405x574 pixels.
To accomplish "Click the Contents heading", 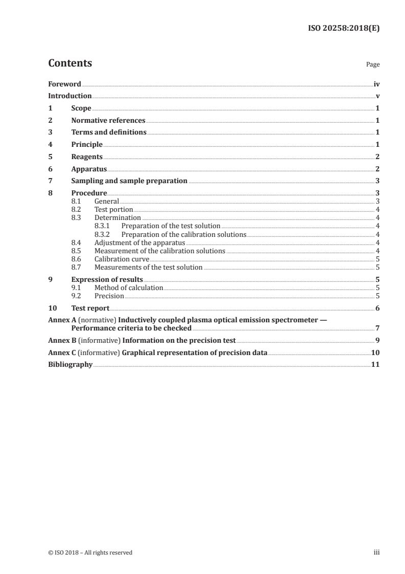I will point(70,63).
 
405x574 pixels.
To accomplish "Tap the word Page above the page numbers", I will point(372,65).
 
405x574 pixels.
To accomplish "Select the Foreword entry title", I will point(64,84).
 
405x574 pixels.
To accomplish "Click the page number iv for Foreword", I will point(376,84).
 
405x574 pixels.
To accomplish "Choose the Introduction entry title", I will point(70,96).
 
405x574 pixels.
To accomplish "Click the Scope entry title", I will point(81,108).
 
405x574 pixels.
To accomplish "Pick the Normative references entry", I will point(108,121).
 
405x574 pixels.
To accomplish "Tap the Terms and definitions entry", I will point(109,133).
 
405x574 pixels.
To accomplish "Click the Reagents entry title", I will point(87,157).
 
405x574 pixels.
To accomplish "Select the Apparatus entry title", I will point(89,169).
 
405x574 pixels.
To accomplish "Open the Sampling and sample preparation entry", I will point(129,181).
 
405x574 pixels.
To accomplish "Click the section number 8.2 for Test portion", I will point(76,210).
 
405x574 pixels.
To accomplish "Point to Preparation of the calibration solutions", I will point(184,235).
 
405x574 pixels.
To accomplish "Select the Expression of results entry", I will point(107,280).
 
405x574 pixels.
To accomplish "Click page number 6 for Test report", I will point(377,308).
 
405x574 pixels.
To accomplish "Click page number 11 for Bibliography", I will point(375,365).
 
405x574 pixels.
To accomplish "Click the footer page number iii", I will point(376,553).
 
